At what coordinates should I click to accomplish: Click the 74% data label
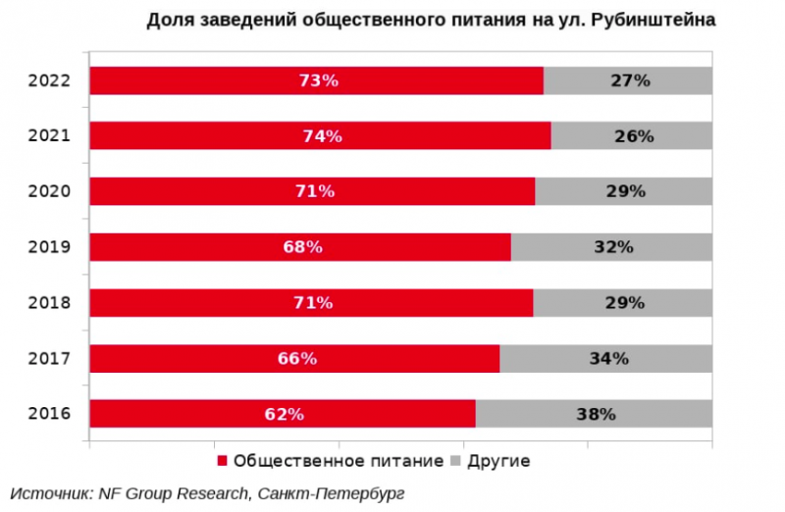(x=322, y=136)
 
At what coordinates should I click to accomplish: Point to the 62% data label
(x=284, y=414)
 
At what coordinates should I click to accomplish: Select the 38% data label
(x=595, y=414)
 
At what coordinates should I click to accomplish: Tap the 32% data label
(x=612, y=247)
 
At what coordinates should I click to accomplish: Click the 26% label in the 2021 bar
(x=634, y=136)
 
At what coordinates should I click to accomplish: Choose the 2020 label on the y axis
(x=50, y=192)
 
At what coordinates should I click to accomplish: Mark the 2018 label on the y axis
(x=50, y=303)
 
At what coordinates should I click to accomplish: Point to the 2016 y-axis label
(x=50, y=414)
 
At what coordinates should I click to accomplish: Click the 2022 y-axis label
(x=50, y=80)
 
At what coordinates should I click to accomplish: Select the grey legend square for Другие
(x=455, y=461)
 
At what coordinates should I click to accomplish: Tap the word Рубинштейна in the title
(x=655, y=20)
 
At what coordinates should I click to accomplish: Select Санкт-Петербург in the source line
(x=329, y=491)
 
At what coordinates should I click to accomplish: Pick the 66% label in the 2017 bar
(x=297, y=359)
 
